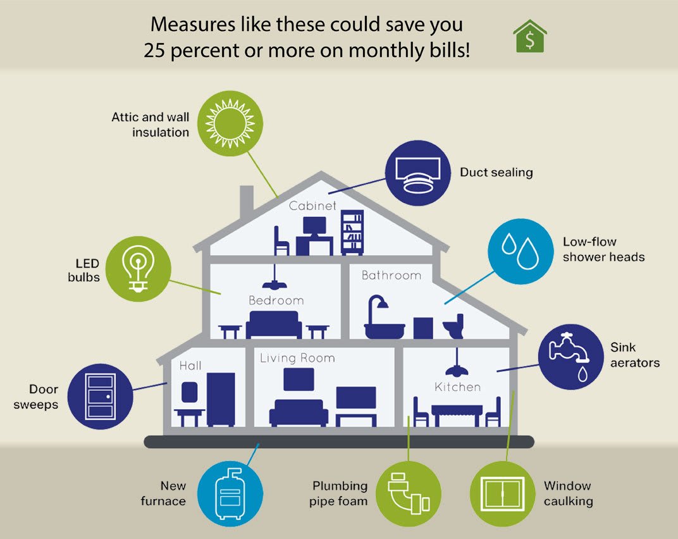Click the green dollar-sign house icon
click(530, 36)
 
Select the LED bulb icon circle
click(137, 269)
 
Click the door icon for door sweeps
click(100, 397)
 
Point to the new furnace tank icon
click(230, 493)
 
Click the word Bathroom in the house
click(391, 275)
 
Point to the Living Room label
click(297, 358)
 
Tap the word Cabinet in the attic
click(312, 206)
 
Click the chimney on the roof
click(247, 202)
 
